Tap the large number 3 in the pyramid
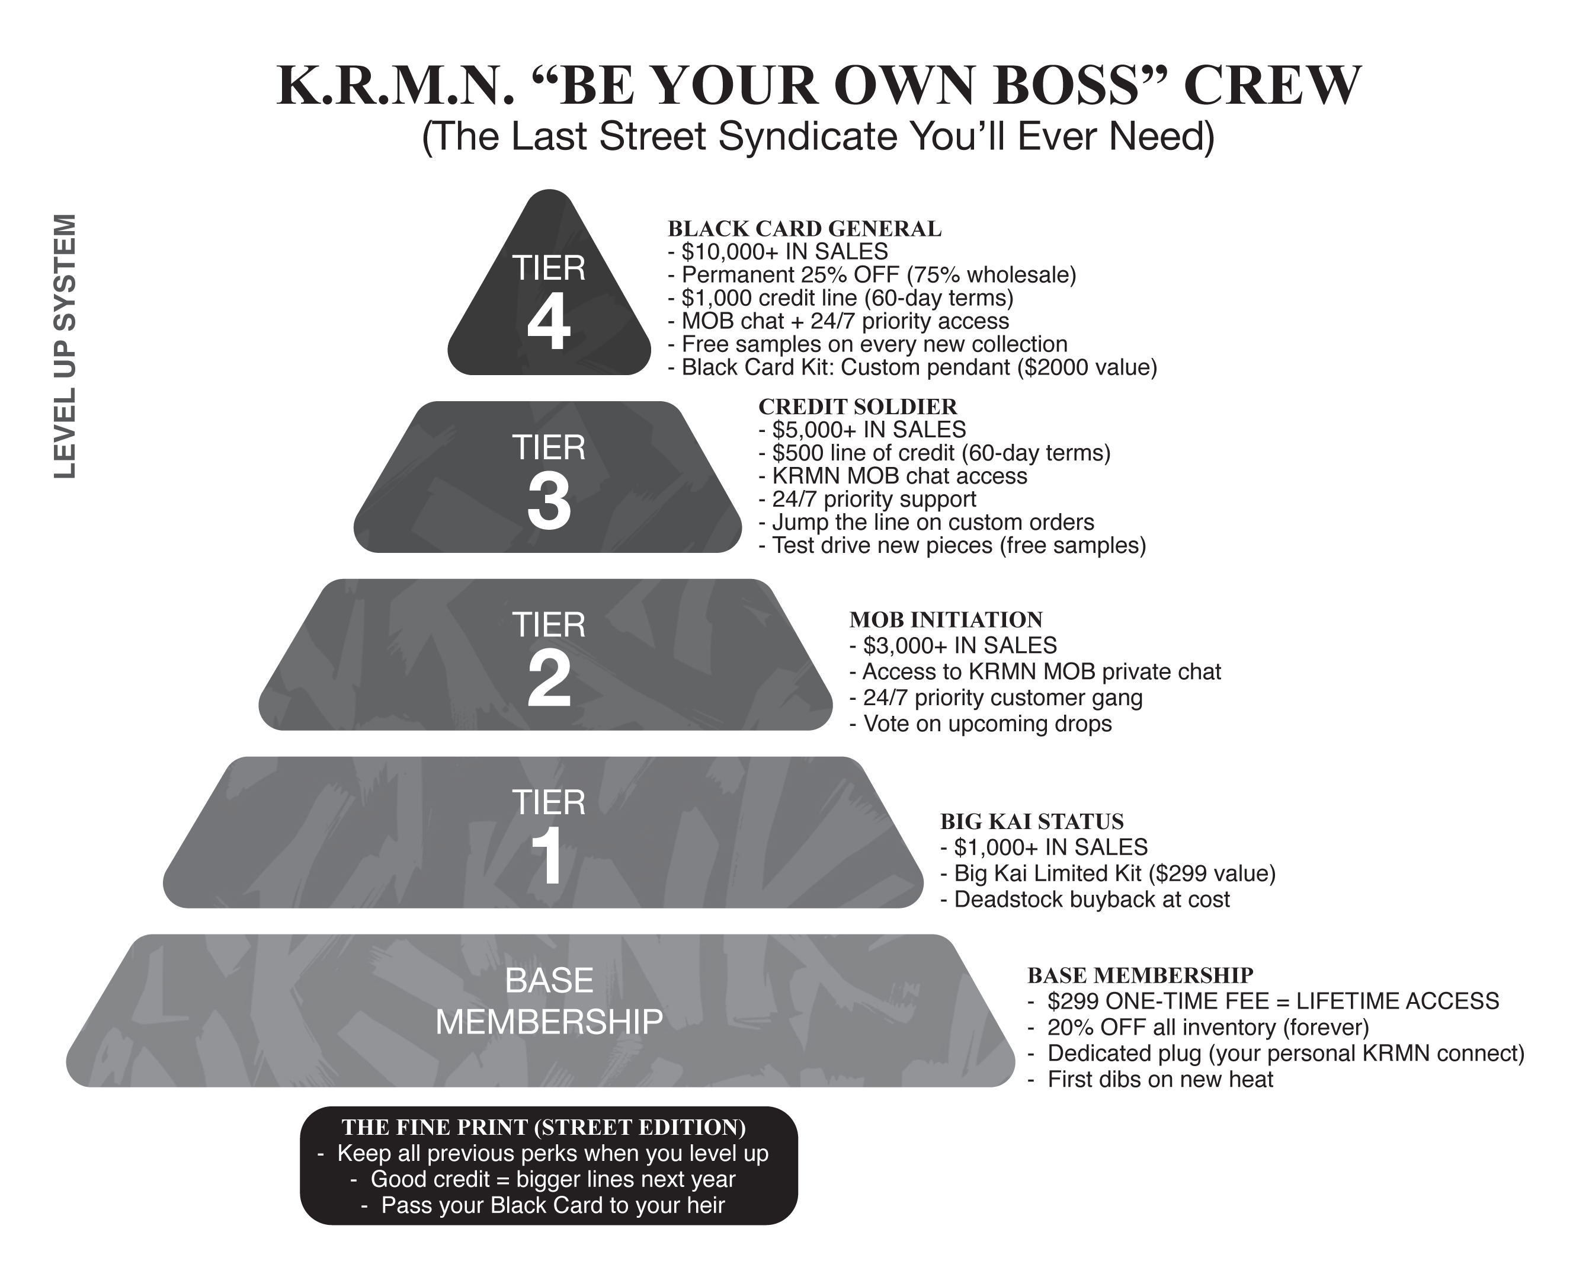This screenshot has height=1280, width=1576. pos(549,501)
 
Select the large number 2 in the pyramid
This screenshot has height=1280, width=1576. pos(549,679)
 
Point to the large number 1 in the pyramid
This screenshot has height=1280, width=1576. pos(549,857)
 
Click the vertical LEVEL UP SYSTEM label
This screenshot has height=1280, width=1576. pos(65,345)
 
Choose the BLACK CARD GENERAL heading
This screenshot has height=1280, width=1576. pos(804,229)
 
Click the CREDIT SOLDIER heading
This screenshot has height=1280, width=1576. pos(857,407)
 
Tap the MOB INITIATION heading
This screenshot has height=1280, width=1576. pos(946,619)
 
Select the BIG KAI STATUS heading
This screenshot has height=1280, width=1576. pos(1032,821)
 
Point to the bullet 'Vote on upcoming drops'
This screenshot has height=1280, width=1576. pos(986,724)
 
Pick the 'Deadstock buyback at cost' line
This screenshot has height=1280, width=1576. pos(1091,900)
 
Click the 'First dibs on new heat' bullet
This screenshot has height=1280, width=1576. pos(1159,1080)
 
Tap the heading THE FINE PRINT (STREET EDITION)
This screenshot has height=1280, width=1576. pos(544,1127)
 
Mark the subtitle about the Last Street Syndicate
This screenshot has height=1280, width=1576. pos(818,136)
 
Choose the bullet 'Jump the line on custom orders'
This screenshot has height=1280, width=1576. pos(932,522)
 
